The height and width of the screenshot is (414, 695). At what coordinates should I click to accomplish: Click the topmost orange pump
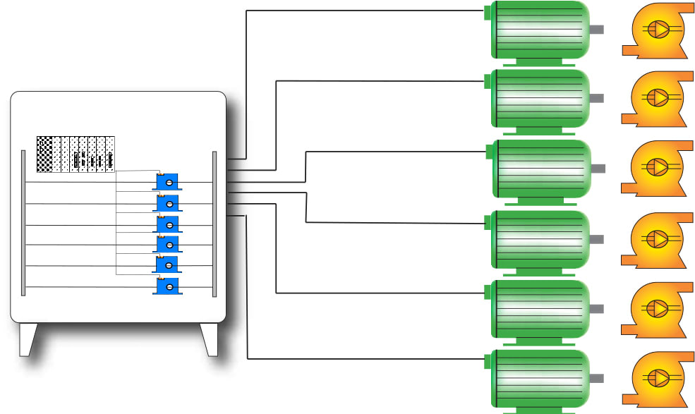655,31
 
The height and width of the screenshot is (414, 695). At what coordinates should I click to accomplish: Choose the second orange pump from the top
655,99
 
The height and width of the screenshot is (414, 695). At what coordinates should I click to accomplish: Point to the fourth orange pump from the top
655,241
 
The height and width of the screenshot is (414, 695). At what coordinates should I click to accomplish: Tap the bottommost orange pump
655,379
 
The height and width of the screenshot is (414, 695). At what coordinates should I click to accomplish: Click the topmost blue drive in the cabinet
167,182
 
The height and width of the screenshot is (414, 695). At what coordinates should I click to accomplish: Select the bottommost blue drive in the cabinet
167,286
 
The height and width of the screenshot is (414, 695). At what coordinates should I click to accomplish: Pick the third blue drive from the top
167,224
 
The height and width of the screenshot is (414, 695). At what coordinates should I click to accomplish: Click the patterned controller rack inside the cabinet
75,154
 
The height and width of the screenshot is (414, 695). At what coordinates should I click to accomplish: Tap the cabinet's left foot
28,339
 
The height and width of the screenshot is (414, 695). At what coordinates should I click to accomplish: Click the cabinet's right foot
210,339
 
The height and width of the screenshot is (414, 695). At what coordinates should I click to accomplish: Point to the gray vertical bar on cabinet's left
23,223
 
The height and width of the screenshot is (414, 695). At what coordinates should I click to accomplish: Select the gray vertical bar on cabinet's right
214,223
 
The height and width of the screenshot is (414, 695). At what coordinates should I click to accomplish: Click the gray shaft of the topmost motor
597,30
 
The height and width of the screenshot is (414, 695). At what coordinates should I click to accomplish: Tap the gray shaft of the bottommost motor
597,379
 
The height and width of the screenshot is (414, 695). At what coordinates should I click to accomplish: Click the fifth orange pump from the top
655,310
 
